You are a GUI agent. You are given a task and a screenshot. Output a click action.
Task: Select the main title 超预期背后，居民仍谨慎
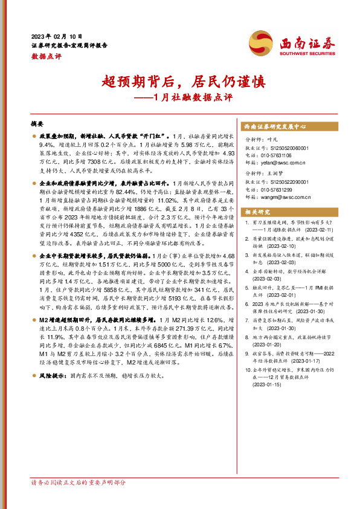179,82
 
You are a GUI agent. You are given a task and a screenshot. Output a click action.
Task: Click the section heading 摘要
37,123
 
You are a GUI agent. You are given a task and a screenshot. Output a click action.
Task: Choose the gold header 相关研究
257,212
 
